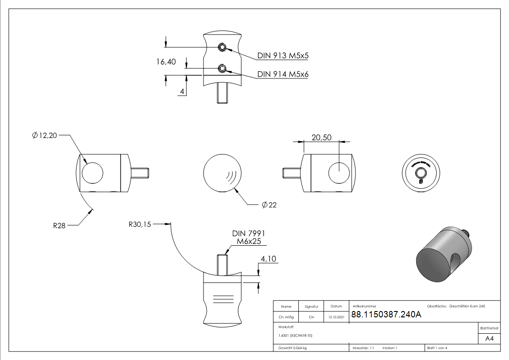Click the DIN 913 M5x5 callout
283,56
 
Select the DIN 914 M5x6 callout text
283,74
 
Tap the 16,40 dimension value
166,62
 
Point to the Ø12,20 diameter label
44,135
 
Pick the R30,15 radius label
140,224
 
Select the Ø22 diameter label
269,205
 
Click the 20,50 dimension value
321,137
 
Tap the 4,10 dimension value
268,259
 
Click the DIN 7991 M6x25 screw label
248,238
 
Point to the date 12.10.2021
336,317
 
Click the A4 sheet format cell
489,339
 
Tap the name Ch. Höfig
286,317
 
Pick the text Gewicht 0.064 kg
293,348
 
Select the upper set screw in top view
222,47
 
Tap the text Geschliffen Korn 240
467,306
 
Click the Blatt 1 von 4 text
437,348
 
